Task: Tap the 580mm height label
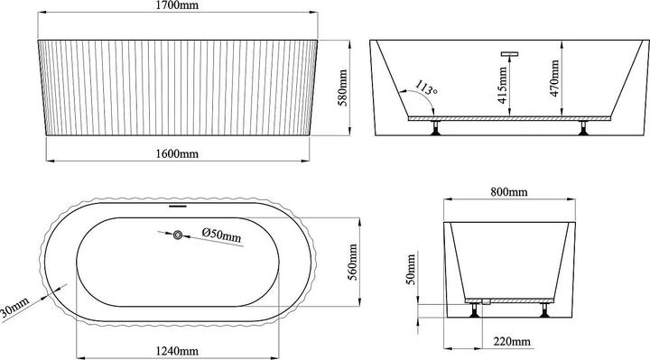(342, 88)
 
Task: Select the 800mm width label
(509, 192)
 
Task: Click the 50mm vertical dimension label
(413, 266)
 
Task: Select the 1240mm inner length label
(176, 349)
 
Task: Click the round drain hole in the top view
(178, 235)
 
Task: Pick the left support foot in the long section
(436, 129)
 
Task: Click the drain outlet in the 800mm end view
(485, 301)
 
